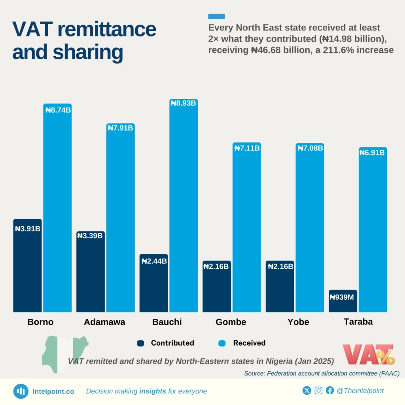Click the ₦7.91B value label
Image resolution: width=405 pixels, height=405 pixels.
point(120,128)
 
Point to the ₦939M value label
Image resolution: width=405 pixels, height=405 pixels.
point(343,297)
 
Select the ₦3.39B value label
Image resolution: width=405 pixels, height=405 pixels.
point(90,236)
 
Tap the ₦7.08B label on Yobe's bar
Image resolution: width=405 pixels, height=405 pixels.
point(310,148)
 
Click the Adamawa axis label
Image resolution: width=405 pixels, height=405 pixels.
point(104,322)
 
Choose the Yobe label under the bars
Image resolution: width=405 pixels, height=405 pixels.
point(298,322)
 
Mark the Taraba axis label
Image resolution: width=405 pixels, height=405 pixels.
point(358,322)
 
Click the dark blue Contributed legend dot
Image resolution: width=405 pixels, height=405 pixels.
point(140,343)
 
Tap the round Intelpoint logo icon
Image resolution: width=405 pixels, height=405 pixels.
point(21,391)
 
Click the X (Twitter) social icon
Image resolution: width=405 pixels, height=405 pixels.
point(307,391)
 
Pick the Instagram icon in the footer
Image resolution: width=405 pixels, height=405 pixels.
point(318,391)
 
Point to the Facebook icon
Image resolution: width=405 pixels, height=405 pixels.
point(330,391)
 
